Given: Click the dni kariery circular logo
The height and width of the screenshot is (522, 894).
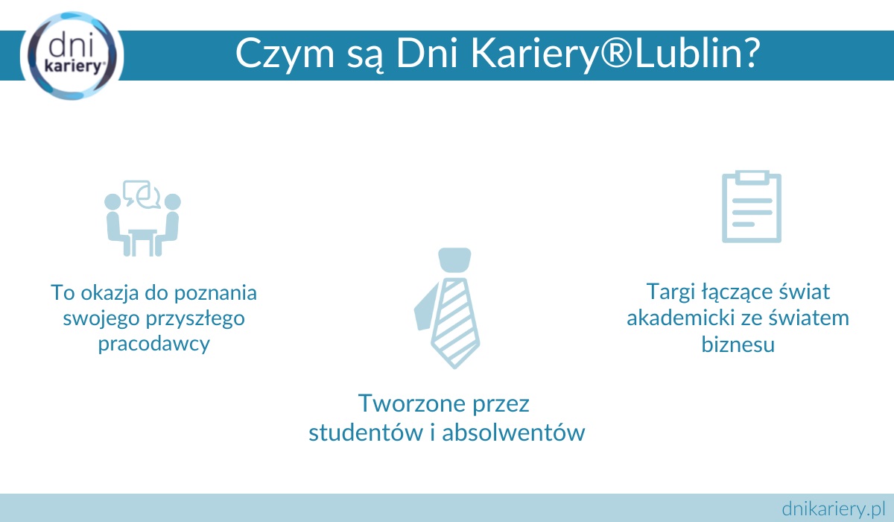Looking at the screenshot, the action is point(72,55).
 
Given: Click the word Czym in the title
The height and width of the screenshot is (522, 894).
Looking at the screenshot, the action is point(285,54).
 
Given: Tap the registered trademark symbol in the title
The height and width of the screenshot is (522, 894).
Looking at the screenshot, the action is point(616,53).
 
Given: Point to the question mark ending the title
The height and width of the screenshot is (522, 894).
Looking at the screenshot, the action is point(748,53).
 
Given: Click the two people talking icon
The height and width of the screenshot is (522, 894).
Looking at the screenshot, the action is point(142,218).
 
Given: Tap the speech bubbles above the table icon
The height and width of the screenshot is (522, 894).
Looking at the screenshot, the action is point(142,195).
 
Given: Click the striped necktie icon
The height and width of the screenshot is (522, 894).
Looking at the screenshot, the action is point(448,308).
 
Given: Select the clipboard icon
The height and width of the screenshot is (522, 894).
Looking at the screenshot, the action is point(752,207).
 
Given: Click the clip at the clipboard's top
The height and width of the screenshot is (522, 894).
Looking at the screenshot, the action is point(752,177).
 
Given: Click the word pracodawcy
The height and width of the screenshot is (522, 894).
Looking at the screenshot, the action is point(154,344).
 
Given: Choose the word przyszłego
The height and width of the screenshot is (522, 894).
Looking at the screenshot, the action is point(195,319).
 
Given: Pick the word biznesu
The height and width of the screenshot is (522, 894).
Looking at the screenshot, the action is point(738,345).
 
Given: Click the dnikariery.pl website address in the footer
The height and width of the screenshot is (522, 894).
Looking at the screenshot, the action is point(834,509).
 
